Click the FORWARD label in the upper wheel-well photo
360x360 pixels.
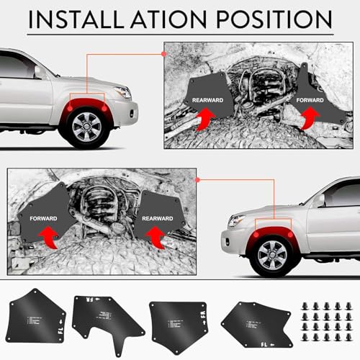(311, 101)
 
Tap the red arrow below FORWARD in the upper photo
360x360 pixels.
(311, 118)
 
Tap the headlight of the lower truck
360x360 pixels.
(235, 220)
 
